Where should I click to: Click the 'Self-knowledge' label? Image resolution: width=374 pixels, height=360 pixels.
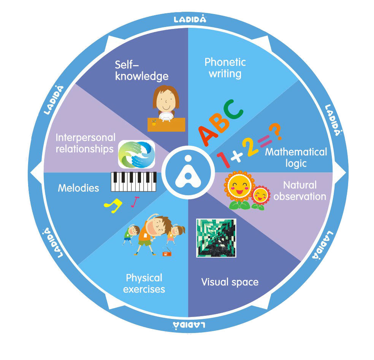(141, 71)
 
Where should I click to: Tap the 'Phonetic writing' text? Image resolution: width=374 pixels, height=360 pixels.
(225, 68)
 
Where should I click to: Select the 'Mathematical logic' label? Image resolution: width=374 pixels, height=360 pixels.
(296, 158)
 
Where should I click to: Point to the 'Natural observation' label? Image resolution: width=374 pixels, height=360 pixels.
(300, 191)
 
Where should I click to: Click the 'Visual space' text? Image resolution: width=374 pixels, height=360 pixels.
(230, 282)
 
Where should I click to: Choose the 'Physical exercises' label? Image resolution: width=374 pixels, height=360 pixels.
(144, 284)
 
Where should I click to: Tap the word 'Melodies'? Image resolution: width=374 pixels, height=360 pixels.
(78, 188)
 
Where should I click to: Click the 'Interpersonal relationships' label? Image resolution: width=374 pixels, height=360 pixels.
(86, 143)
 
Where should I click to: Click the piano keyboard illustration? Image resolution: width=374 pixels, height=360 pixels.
(133, 182)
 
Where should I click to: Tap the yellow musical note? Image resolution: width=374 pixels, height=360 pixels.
(113, 205)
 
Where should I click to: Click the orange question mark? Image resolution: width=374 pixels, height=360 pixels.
(276, 131)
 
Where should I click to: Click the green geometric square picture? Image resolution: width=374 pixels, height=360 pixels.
(216, 238)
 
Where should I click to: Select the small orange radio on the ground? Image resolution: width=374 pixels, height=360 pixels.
(167, 252)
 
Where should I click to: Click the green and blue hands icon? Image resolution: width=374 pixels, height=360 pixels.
(137, 154)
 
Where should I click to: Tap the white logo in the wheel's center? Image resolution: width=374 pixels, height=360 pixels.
(188, 172)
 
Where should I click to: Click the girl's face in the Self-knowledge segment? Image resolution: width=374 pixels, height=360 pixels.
(166, 100)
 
